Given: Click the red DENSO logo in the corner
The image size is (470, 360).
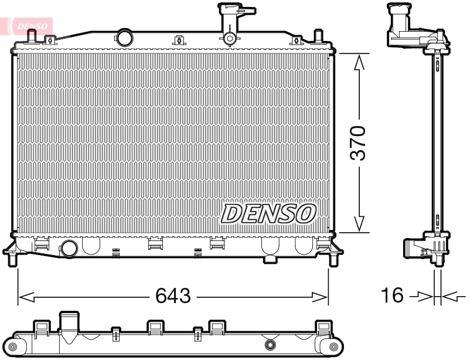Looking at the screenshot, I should tap(29, 25).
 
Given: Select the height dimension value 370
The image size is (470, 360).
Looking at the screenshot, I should tap(358, 142).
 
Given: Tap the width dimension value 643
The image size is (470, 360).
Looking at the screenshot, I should tap(173, 297).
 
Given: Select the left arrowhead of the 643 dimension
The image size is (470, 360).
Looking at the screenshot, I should tap(23, 297).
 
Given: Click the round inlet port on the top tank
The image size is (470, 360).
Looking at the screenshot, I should tap(124, 38).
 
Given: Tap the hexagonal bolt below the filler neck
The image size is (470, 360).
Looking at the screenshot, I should tap(230, 39).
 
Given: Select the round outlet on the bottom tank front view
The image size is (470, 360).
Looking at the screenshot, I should tap(69, 247).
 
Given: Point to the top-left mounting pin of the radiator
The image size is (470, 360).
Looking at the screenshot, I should tap(32, 36).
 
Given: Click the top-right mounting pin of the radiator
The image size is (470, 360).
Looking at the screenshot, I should tap(318, 36).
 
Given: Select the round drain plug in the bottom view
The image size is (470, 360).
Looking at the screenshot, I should tap(270, 345).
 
